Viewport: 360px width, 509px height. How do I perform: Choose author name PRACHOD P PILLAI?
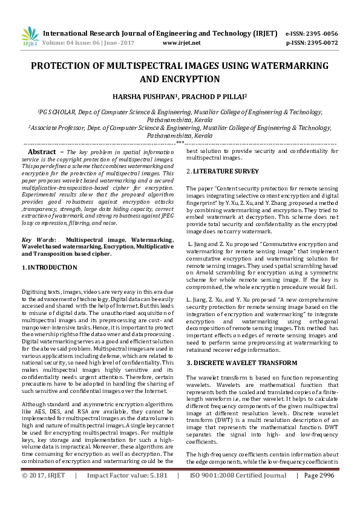[204, 97]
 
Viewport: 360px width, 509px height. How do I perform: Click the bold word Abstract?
[42, 151]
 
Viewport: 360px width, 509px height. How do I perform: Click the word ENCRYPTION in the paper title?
[180, 79]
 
